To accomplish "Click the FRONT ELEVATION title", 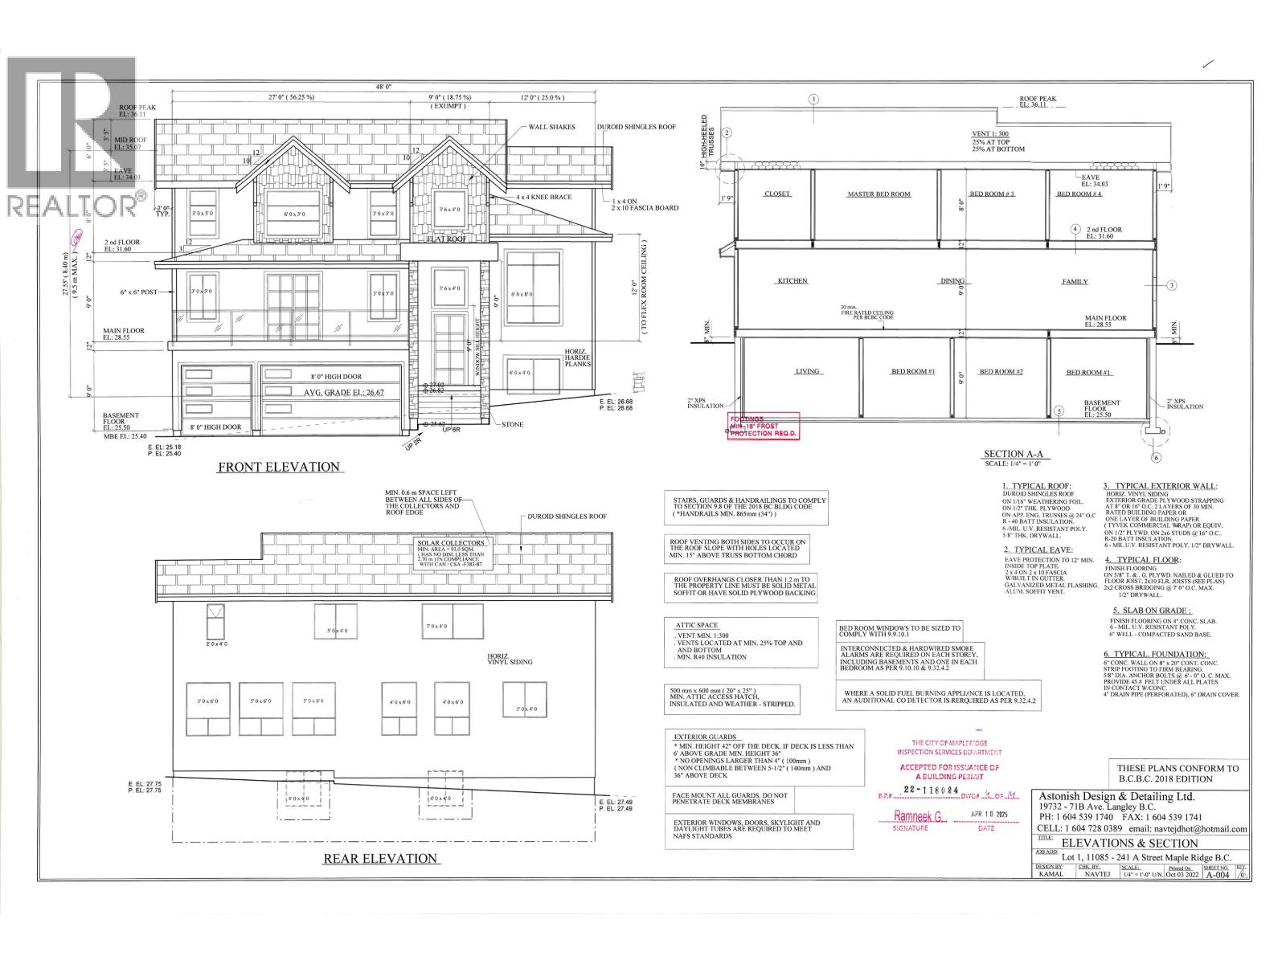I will tap(279, 467).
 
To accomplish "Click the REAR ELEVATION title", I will tap(380, 858).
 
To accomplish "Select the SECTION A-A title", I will tap(1015, 454).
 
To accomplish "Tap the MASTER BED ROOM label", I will tap(878, 194).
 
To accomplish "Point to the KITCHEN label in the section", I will tap(792, 281).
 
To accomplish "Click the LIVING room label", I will tap(807, 371).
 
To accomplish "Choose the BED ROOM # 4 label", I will tap(1079, 194).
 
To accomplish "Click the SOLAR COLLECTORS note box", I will tap(452, 553).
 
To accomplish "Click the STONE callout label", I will tap(513, 424).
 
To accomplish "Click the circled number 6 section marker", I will tap(1156, 458).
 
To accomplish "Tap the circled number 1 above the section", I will tap(813, 100).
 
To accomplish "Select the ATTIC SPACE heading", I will tap(698, 625).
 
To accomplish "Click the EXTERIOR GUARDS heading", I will tap(706, 737).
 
